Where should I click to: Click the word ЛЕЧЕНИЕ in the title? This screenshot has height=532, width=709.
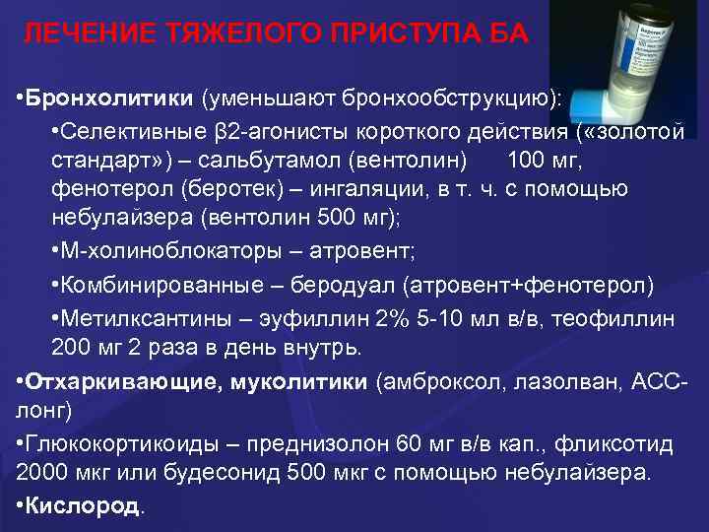click(x=80, y=34)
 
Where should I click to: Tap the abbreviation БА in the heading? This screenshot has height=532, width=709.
click(x=507, y=34)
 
